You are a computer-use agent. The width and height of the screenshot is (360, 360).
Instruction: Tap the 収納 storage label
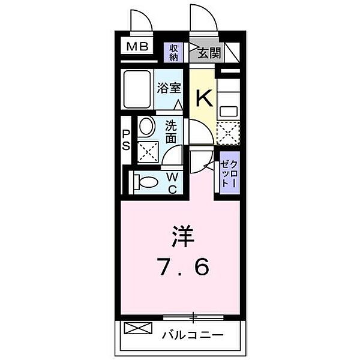[x=174, y=53]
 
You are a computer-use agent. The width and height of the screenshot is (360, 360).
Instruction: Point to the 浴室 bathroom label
[x=169, y=88]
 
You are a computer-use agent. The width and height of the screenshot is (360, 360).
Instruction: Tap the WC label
[x=170, y=183]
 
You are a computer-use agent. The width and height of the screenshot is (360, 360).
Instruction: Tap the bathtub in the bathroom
[x=137, y=88]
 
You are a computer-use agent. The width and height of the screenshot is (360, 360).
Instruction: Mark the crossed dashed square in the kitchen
[x=229, y=131]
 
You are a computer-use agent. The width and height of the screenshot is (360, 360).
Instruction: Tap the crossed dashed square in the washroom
[x=147, y=151]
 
